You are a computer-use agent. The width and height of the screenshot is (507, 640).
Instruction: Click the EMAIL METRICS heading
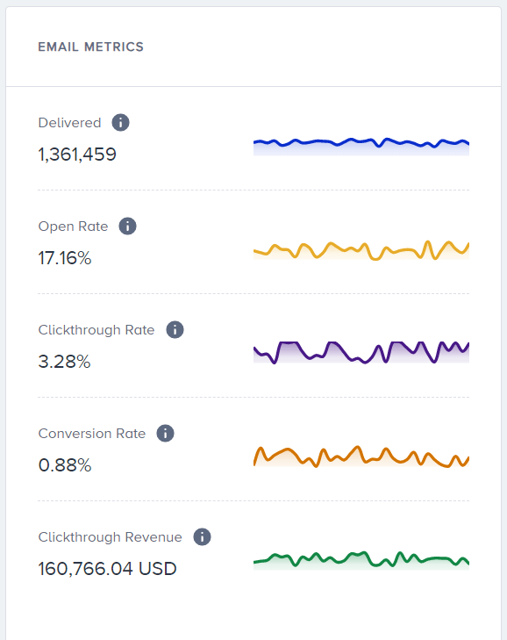pyautogui.click(x=90, y=47)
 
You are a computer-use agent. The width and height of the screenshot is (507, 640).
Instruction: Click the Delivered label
pyautogui.click(x=69, y=123)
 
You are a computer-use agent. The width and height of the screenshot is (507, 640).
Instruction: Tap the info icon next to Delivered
pyautogui.click(x=121, y=123)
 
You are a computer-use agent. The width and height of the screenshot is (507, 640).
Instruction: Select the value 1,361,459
pyautogui.click(x=77, y=155)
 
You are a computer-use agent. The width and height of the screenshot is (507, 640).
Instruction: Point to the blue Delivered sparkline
pyautogui.click(x=361, y=144)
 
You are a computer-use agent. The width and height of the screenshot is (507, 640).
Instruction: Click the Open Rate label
pyautogui.click(x=73, y=227)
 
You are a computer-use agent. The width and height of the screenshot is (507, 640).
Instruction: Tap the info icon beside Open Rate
pyautogui.click(x=128, y=227)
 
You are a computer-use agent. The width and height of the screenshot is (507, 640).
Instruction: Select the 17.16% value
pyautogui.click(x=65, y=258)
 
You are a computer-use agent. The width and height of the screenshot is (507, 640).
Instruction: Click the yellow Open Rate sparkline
pyautogui.click(x=361, y=249)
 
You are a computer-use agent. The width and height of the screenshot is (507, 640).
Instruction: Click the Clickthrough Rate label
pyautogui.click(x=96, y=330)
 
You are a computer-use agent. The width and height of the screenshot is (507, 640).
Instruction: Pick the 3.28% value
pyautogui.click(x=64, y=362)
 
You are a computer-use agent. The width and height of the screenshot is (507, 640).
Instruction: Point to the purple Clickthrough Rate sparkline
pyautogui.click(x=361, y=351)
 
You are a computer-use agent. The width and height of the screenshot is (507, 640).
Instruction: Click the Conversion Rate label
pyautogui.click(x=92, y=434)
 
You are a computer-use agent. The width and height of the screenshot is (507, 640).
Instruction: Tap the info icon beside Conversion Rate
pyautogui.click(x=165, y=434)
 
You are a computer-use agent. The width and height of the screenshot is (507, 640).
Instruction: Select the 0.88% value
pyautogui.click(x=65, y=465)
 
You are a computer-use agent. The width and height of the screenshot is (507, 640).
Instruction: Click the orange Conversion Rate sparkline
pyautogui.click(x=361, y=457)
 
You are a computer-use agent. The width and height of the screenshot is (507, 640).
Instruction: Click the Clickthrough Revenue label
pyautogui.click(x=111, y=537)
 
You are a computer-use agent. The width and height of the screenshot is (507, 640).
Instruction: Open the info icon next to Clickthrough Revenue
pyautogui.click(x=202, y=537)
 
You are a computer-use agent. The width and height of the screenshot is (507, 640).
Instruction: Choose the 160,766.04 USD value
pyautogui.click(x=107, y=569)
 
